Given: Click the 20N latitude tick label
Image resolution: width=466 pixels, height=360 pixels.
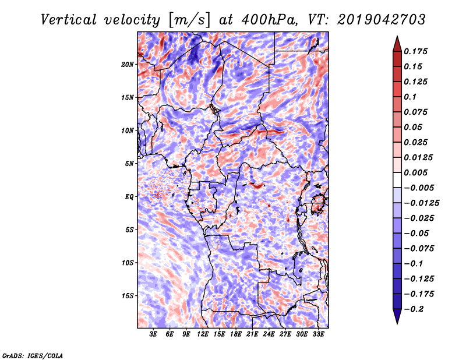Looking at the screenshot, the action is pos(128,65).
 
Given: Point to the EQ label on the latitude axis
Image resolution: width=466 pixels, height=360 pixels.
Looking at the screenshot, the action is pos(129,197).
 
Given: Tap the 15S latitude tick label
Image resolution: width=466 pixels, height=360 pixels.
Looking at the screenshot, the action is pos(128,296).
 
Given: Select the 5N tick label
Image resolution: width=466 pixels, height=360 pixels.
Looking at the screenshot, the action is pos(129,164).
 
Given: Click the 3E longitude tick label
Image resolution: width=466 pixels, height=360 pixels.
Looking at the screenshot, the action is pos(153,334).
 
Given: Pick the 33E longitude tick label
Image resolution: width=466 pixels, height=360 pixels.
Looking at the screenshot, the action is pos(318,334).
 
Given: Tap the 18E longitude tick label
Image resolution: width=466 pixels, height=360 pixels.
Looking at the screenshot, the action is pos(236,334).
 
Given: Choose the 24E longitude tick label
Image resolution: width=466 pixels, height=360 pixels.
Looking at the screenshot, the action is pos(269,334).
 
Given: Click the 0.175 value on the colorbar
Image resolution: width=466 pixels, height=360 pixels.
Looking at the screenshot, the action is pos(415,51).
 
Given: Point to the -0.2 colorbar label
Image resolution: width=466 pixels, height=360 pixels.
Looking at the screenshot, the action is pos(414,309).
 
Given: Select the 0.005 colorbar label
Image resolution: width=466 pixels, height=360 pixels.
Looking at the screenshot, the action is pos(415,172).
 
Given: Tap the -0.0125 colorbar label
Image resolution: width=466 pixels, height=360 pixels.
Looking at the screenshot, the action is pos(421,203).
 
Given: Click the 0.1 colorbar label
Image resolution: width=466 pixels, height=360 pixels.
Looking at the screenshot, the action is pos(410,97).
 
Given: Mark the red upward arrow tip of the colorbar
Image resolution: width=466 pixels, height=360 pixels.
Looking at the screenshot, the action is pos(397,37).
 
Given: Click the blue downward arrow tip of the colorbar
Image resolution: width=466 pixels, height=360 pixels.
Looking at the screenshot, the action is pos(397,323).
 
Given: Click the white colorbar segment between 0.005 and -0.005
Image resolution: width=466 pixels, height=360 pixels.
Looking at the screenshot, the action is pos(397,180).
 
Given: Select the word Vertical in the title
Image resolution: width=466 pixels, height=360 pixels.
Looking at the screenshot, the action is pos(69,20).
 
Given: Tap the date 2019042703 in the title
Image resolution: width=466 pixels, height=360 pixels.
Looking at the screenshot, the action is pos(382,20).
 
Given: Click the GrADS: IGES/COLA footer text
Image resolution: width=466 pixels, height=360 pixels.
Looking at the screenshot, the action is pos(33,355).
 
